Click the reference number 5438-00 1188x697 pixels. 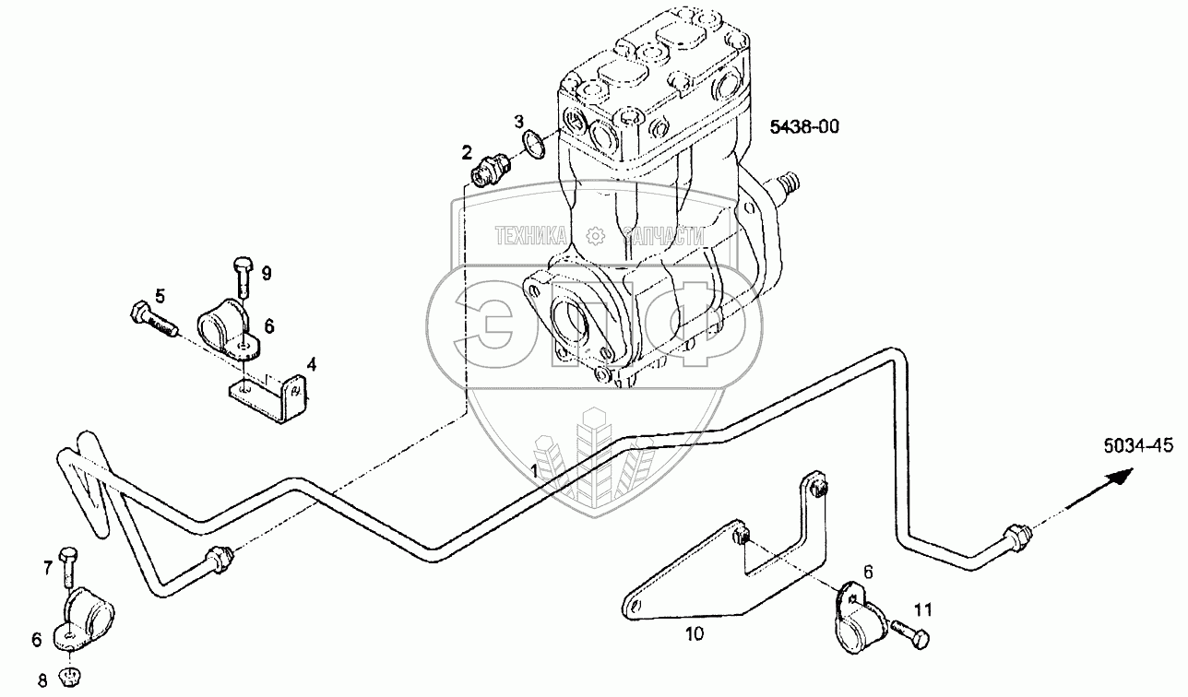804,127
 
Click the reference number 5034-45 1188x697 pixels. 1136,446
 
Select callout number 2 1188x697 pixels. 468,152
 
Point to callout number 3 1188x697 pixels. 519,121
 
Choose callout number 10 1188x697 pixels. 695,632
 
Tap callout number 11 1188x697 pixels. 923,609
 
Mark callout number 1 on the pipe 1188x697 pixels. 534,470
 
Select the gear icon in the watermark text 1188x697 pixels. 595,236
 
